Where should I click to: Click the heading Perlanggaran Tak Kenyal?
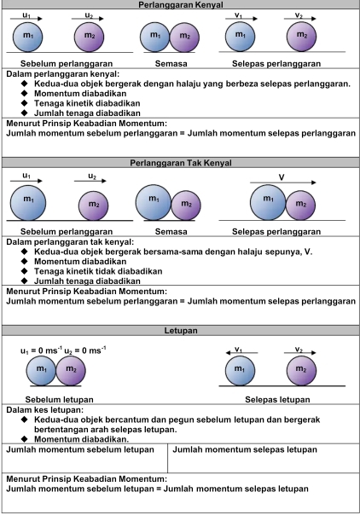(x=179, y=162)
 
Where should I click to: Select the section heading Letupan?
(x=179, y=329)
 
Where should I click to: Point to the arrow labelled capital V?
(x=281, y=182)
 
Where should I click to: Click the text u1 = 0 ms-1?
(x=39, y=350)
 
